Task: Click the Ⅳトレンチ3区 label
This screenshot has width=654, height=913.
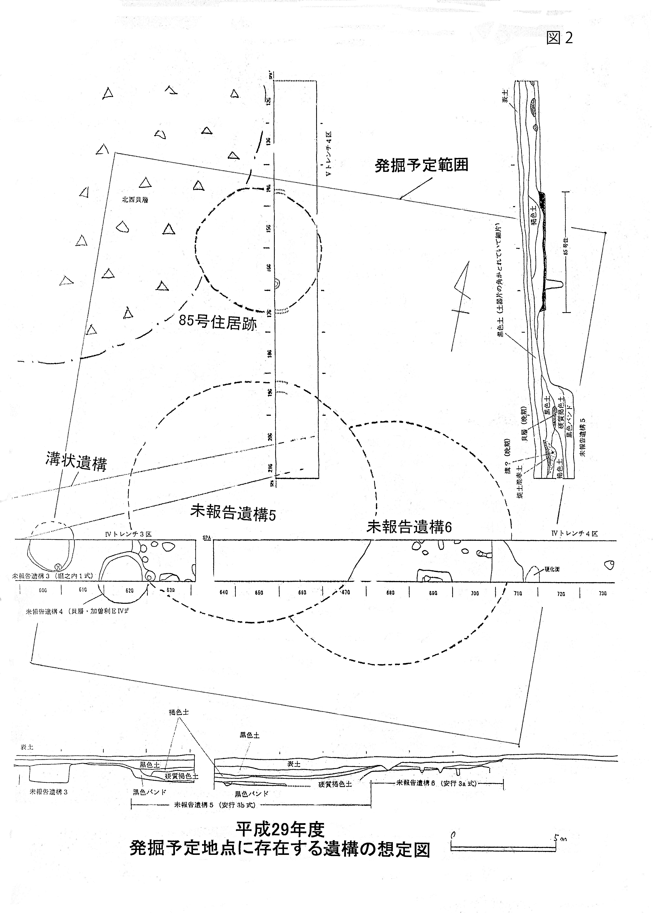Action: coord(128,534)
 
